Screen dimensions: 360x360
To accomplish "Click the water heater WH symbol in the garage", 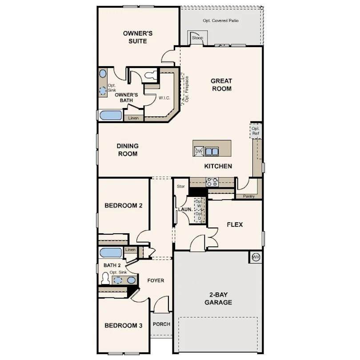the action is (256, 257).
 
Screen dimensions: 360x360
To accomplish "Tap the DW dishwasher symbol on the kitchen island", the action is (199, 151).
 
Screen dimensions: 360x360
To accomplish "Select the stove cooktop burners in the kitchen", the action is (212, 182).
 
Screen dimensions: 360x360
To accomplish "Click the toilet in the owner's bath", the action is (151, 76).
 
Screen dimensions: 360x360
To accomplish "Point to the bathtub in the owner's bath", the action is (111, 116).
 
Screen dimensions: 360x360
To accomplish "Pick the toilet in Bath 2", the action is (105, 278).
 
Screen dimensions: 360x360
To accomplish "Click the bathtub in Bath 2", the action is (111, 253).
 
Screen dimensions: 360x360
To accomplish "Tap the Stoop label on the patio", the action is (197, 38).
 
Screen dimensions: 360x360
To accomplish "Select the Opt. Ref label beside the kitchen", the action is (256, 131).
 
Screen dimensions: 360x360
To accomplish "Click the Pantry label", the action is (248, 196).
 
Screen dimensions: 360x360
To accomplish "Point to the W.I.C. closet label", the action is (164, 98).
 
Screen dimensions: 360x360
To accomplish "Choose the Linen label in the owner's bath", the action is (133, 118).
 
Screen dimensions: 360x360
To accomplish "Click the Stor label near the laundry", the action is (181, 186).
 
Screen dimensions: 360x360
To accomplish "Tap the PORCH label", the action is (162, 324).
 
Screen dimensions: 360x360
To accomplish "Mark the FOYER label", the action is (156, 280).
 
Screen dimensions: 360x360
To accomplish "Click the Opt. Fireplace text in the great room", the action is (187, 89).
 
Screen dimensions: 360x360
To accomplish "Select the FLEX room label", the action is (235, 224).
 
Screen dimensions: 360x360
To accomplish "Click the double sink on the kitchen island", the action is (212, 152).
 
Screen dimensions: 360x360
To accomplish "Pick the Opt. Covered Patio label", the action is (220, 20).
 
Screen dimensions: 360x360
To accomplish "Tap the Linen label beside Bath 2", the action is (130, 250).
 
